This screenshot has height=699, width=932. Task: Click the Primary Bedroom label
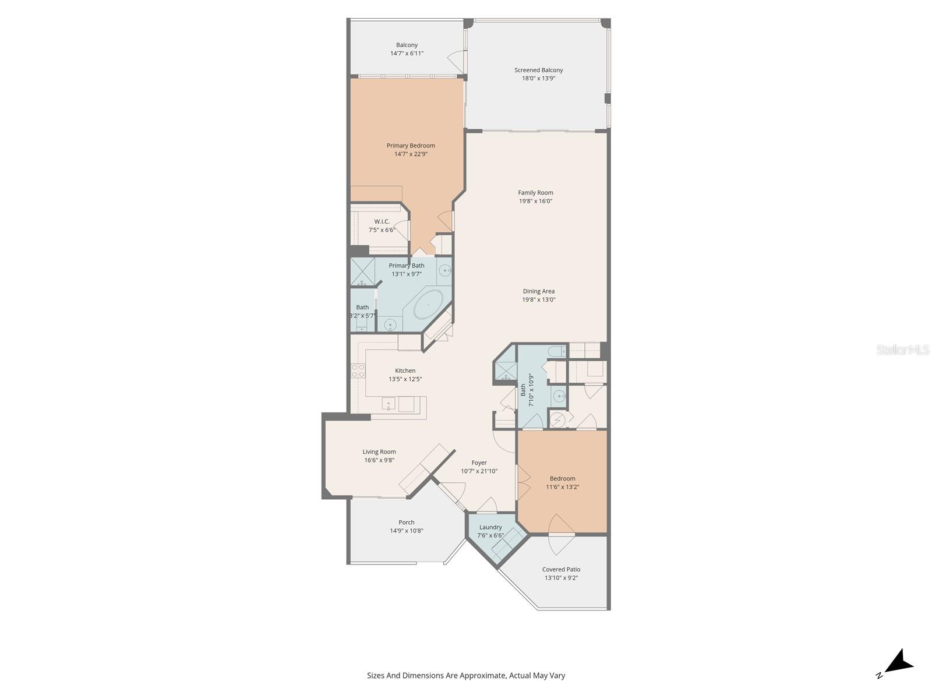(x=411, y=146)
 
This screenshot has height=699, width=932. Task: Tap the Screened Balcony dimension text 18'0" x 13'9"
(x=538, y=78)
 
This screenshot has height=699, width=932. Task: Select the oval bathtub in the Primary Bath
(x=429, y=305)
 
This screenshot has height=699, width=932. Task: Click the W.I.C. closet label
(x=382, y=221)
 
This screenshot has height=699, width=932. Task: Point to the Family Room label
(x=535, y=193)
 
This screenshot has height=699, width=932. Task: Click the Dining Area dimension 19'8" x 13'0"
(x=538, y=299)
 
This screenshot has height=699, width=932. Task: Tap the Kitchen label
(x=405, y=370)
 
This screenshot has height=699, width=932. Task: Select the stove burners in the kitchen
(x=358, y=371)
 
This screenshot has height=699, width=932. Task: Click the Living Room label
(x=379, y=451)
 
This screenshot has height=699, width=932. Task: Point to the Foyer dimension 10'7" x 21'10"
(x=479, y=471)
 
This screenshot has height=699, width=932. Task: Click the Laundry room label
(x=490, y=527)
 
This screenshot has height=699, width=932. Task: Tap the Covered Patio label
(x=561, y=570)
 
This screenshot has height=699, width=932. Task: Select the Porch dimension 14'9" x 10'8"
(x=406, y=531)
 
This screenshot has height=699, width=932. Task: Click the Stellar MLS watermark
(x=902, y=349)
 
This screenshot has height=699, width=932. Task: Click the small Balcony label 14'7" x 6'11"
(x=407, y=49)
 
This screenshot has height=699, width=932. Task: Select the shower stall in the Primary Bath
(x=362, y=271)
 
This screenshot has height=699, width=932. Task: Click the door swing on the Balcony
(x=457, y=59)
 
